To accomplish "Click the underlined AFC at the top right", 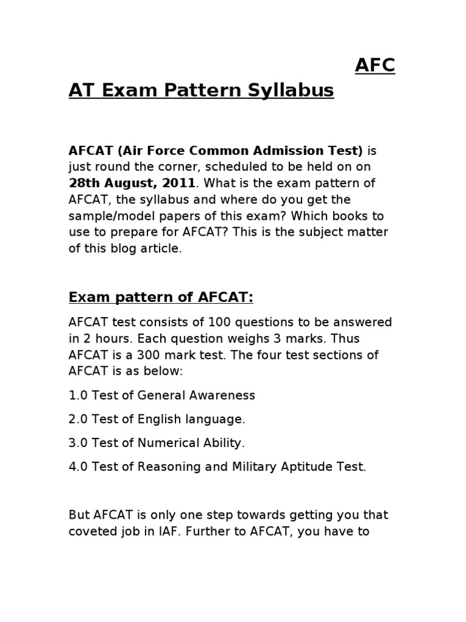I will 375,66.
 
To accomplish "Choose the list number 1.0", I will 78,395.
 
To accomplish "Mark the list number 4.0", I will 78,466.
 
